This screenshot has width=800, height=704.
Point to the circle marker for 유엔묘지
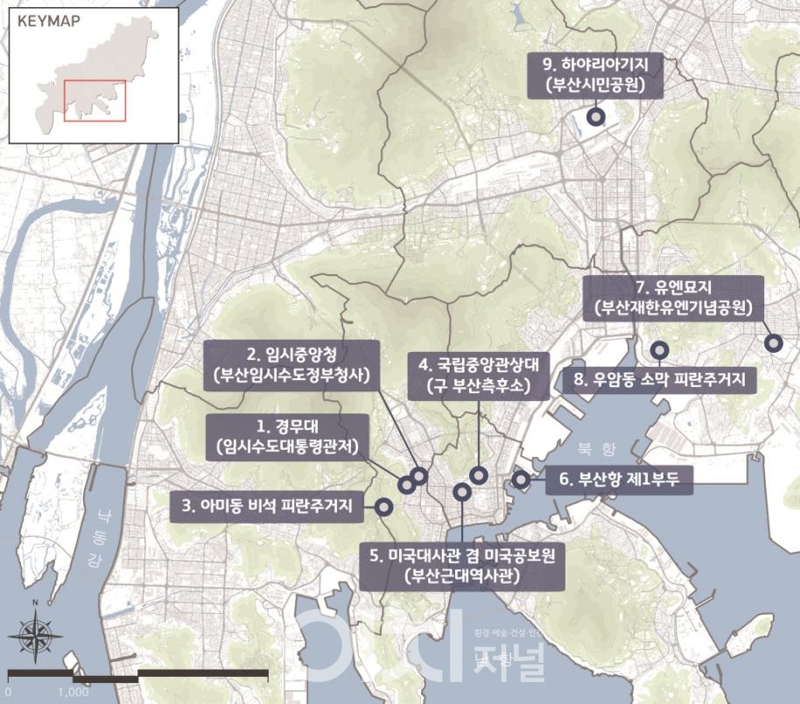click(773, 343)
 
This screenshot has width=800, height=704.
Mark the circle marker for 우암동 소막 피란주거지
click(660, 350)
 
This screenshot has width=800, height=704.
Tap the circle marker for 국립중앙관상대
click(478, 475)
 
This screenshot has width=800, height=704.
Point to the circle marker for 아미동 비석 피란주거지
click(383, 505)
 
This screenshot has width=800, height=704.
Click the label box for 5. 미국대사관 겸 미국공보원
click(463, 566)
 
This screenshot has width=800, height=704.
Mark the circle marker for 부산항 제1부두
click(521, 479)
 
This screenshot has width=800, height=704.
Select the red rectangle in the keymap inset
click(95, 100)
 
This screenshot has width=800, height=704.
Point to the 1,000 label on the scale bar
click(73, 692)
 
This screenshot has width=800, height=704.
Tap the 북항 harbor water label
click(597, 448)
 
